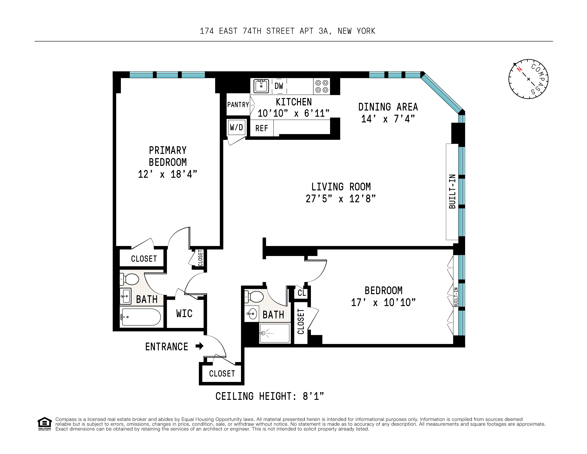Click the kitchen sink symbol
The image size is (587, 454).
[x=261, y=86]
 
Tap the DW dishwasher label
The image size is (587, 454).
[x=279, y=86]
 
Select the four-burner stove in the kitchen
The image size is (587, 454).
[x=322, y=86]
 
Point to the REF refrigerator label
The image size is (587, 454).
[x=262, y=128]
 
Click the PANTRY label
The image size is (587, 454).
[x=238, y=105]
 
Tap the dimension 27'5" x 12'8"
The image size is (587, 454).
[x=341, y=199]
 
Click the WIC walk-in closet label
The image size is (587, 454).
[x=184, y=314]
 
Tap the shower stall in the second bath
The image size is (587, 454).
[x=275, y=333]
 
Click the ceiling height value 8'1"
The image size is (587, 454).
[x=313, y=396]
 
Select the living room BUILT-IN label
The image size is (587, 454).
[x=452, y=191]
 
